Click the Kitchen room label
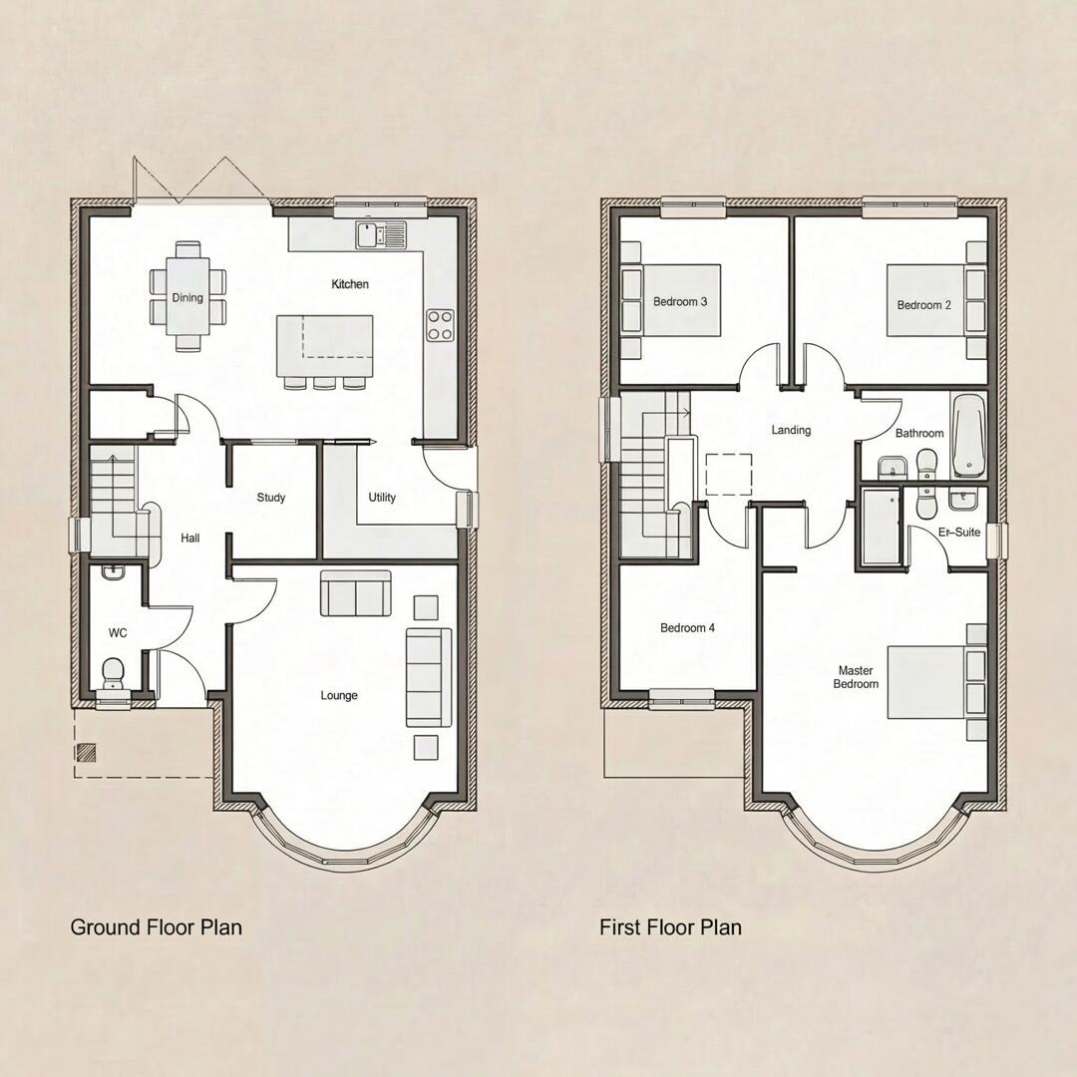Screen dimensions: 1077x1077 point(350,284)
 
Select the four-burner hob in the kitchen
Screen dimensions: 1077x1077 point(440,324)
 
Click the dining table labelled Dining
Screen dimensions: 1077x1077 point(187,297)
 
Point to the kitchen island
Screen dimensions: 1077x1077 point(325,345)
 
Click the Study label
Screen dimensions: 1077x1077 point(271,498)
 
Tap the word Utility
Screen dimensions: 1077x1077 point(382,498)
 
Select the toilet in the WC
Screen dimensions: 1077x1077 point(113,671)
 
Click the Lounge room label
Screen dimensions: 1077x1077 point(339,695)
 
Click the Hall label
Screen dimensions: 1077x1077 point(190,538)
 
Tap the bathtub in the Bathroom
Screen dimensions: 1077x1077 point(966,436)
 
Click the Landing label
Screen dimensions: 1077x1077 point(791,431)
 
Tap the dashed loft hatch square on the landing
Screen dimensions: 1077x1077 point(729,476)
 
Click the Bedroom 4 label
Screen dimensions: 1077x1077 point(687,628)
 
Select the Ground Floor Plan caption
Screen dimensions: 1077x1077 point(156,927)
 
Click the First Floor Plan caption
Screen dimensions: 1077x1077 point(670,927)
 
